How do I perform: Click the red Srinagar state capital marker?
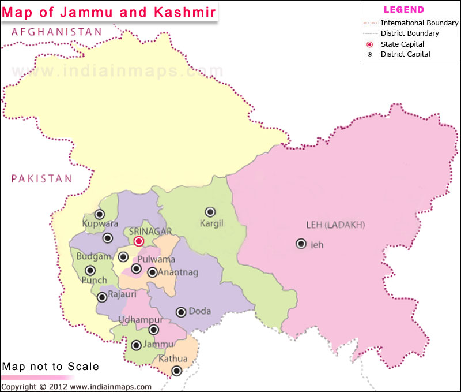(138, 241)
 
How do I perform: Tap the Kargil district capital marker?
(210, 212)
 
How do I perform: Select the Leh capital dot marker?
(301, 244)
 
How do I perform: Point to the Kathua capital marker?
(177, 371)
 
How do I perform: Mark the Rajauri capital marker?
(102, 297)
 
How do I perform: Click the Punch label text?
(94, 281)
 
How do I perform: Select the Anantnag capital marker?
(152, 272)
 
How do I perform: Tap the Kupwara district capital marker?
(99, 214)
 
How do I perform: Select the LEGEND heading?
(403, 10)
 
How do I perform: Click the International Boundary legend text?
(420, 23)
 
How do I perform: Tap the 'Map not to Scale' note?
(50, 367)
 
